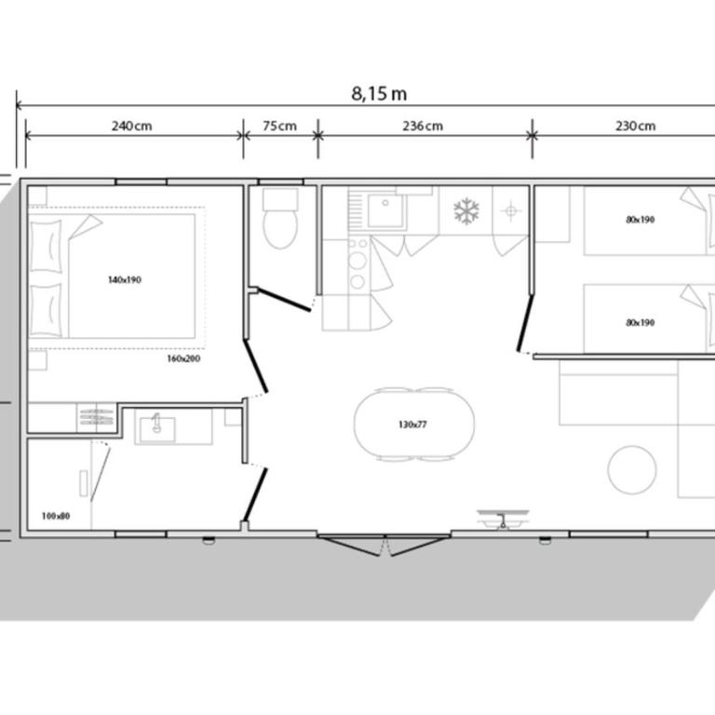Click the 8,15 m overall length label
tap(379, 93)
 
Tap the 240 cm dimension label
tap(132, 126)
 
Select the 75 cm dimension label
tap(280, 126)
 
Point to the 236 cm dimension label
tap(423, 126)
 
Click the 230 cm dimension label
tap(636, 126)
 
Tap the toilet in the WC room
tap(280, 220)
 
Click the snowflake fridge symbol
tap(466, 211)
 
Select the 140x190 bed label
tap(125, 279)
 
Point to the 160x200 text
tap(183, 358)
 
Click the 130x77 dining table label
tap(412, 425)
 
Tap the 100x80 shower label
tap(56, 516)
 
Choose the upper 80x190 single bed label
tap(641, 220)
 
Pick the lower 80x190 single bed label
tap(641, 322)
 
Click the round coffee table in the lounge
tap(632, 469)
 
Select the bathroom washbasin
tap(156, 429)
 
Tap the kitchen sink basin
tap(385, 210)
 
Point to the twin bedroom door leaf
tap(525, 323)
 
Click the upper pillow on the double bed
tap(46, 246)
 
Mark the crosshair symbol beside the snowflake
tap(511, 211)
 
